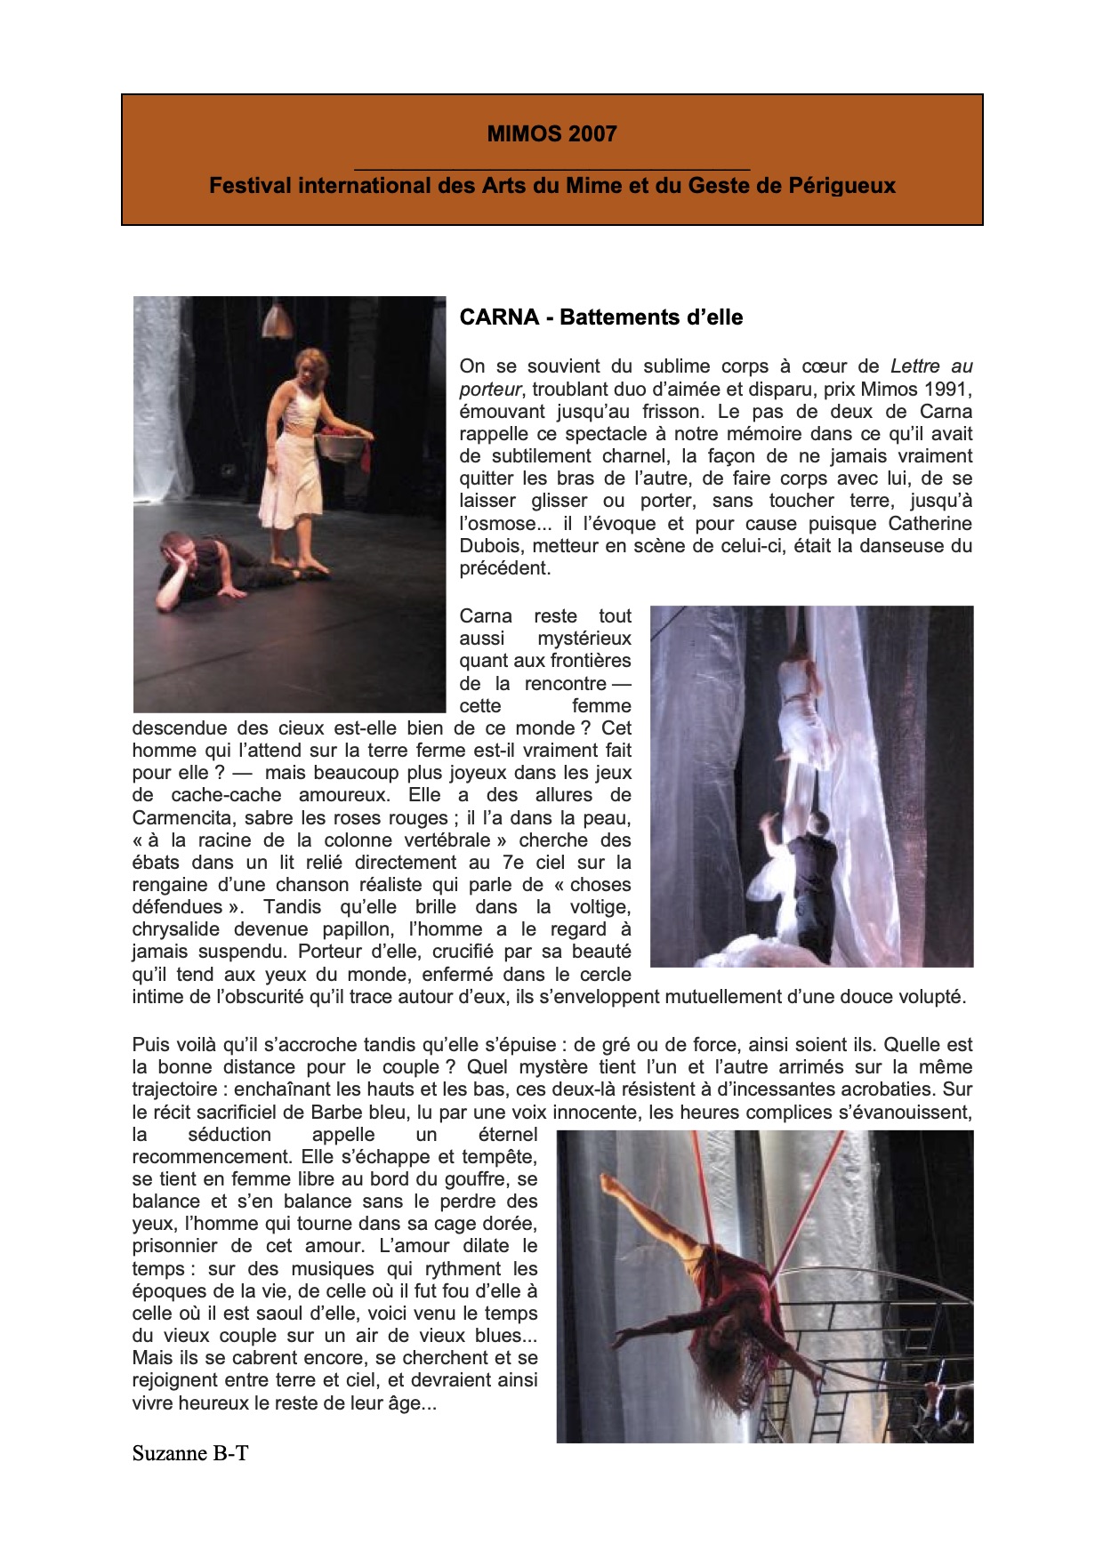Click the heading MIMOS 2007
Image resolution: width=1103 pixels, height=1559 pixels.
point(551,134)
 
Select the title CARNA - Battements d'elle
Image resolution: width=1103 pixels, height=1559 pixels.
point(600,317)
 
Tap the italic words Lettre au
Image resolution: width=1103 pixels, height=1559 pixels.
point(931,366)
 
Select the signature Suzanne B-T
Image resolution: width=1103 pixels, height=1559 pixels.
point(189,1453)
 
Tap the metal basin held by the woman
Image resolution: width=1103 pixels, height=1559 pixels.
point(344,443)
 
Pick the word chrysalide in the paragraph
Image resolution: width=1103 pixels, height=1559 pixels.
point(176,930)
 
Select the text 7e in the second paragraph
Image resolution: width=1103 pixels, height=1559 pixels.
point(513,863)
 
